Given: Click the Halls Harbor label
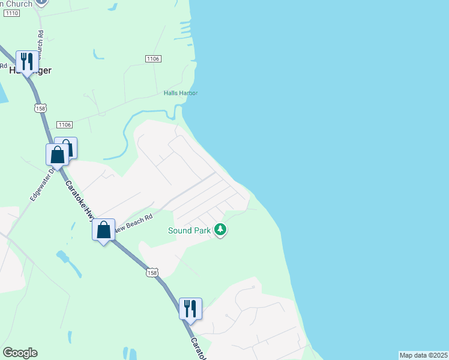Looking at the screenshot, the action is (181, 93).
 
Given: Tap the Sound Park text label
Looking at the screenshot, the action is (188, 230).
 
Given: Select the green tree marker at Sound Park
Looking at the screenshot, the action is (220, 229).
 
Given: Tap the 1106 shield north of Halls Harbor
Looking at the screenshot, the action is (153, 58).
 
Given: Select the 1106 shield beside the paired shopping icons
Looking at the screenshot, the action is (64, 124).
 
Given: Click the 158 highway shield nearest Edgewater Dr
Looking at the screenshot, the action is (40, 109).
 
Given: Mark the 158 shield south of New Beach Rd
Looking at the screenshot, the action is (152, 272).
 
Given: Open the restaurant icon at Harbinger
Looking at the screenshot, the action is (26, 61).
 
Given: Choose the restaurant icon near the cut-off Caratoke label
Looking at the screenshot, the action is (190, 308).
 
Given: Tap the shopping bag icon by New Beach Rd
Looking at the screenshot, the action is (103, 229).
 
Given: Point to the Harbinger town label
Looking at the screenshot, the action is (30, 70).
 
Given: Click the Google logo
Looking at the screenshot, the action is (20, 353).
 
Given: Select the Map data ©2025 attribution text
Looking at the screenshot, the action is (423, 355).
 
